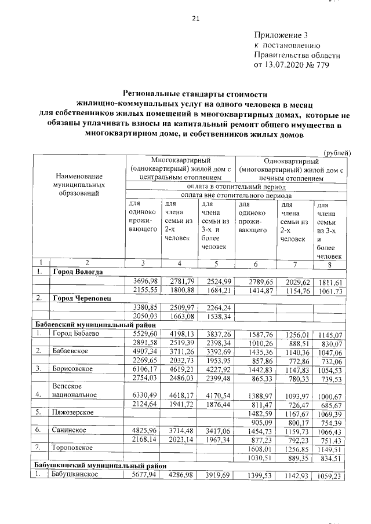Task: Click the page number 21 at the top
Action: tap(195, 19)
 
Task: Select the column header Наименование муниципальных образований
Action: tap(79, 184)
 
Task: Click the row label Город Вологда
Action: tap(78, 272)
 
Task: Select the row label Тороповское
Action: tap(75, 448)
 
